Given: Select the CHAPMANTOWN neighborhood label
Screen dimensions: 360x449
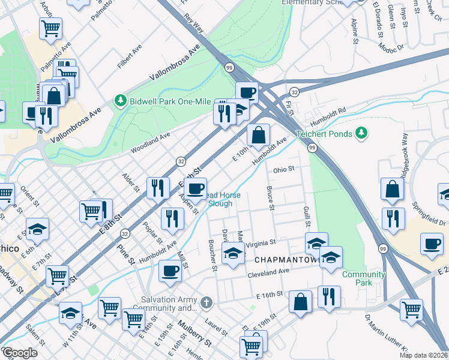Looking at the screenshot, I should [285, 260].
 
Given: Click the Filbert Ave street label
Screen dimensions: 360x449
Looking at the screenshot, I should [130, 55].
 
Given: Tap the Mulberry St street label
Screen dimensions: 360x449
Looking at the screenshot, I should [194, 334].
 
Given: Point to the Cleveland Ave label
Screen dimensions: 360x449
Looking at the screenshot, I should [269, 273].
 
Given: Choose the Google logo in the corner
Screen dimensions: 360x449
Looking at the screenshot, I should [19, 353].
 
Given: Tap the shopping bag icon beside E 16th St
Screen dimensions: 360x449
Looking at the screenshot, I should [300, 302].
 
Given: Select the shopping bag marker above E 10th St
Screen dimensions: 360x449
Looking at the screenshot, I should [258, 136].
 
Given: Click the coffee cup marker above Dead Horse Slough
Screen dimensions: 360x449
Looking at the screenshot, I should [195, 189].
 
